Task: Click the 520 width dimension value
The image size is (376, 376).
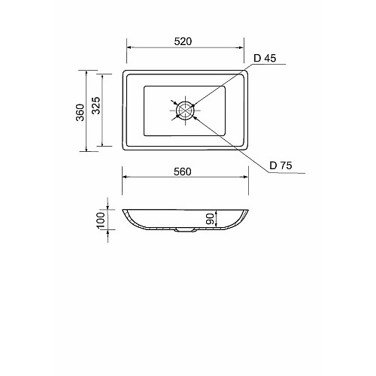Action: [x=183, y=41]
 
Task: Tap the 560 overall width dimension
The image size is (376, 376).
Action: [x=183, y=171]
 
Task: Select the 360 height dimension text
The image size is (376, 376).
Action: [x=80, y=112]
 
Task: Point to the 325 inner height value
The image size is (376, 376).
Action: [x=96, y=105]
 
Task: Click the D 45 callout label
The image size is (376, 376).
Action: [x=265, y=58]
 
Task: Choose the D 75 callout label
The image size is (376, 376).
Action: [x=280, y=165]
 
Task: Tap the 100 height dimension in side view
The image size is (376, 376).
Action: [x=101, y=220]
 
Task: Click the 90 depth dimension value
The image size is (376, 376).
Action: [x=210, y=219]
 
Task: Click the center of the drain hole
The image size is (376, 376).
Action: [x=185, y=110]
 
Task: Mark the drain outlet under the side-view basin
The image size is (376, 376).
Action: [x=185, y=230]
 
